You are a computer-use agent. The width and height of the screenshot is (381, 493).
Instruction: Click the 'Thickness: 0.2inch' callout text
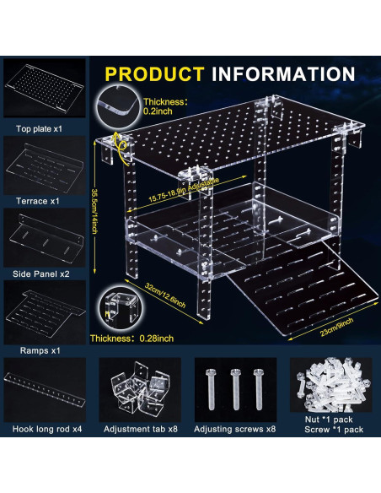point(163,103)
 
